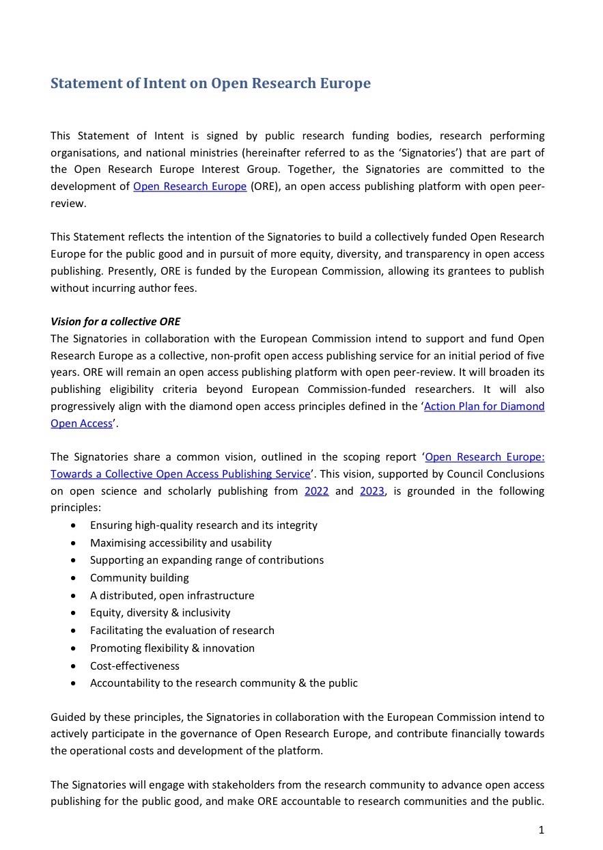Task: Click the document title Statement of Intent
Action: [x=210, y=83]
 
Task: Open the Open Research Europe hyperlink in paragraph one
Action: [x=190, y=187]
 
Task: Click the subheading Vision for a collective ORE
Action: [x=115, y=322]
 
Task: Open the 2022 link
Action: [x=316, y=491]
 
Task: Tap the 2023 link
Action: [x=372, y=491]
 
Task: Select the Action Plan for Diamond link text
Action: [x=484, y=407]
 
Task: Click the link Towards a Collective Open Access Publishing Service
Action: [x=180, y=474]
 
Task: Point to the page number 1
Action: [x=541, y=830]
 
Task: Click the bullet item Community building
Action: [x=139, y=578]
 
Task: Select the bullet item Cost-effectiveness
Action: [x=135, y=666]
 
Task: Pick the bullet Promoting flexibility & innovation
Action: [x=172, y=648]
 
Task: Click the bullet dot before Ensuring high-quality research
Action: [x=74, y=525]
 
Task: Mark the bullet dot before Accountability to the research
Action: [x=74, y=683]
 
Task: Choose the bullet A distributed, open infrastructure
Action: [x=172, y=596]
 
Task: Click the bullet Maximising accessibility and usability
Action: [x=181, y=543]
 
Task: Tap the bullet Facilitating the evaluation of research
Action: [x=182, y=631]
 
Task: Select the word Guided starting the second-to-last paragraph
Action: [x=67, y=717]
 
